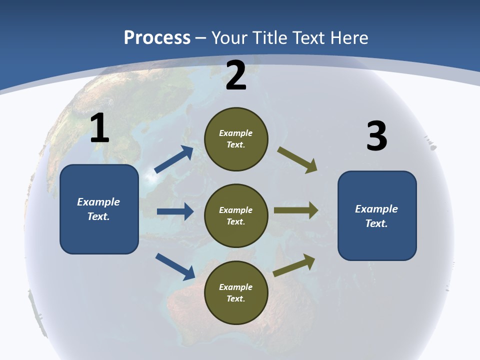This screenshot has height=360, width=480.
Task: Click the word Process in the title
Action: (x=157, y=38)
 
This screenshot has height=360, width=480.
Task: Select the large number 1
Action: (x=99, y=128)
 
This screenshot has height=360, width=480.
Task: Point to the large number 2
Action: (x=236, y=75)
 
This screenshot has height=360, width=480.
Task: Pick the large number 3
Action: (x=376, y=136)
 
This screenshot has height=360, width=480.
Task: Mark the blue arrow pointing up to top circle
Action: (x=174, y=159)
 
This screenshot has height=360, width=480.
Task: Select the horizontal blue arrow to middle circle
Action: (x=175, y=211)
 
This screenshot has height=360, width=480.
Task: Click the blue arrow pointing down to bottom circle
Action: (x=175, y=266)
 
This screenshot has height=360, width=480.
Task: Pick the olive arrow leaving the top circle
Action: (x=297, y=160)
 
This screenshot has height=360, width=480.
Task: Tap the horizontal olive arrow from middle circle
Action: (x=296, y=210)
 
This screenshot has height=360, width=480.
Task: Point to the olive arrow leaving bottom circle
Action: (x=294, y=265)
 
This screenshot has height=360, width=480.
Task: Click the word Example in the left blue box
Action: (x=98, y=202)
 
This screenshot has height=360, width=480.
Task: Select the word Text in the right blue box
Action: (x=376, y=223)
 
